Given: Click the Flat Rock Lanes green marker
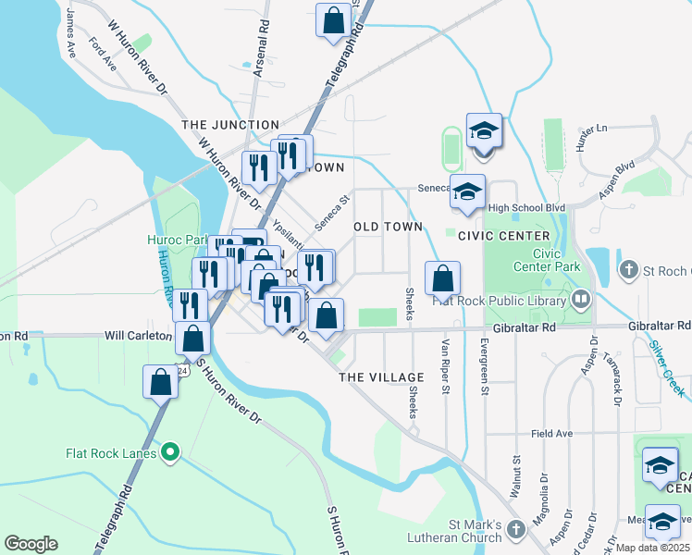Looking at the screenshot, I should pyautogui.click(x=169, y=452).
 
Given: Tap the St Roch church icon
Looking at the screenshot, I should pyautogui.click(x=628, y=270).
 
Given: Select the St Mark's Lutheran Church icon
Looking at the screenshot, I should pyautogui.click(x=515, y=530).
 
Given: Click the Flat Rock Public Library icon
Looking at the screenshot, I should pyautogui.click(x=581, y=299).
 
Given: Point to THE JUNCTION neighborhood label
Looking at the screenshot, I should pyautogui.click(x=230, y=125).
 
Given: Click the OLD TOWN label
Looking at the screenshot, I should pyautogui.click(x=389, y=227).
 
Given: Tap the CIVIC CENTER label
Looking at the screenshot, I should pyautogui.click(x=504, y=236).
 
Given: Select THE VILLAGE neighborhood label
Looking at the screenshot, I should pyautogui.click(x=381, y=377).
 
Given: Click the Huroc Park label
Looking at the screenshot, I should pyautogui.click(x=178, y=240).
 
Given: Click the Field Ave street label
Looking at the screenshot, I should pyautogui.click(x=552, y=433).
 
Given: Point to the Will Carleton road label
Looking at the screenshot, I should pyautogui.click(x=139, y=335).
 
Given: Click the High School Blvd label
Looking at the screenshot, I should pyautogui.click(x=526, y=208).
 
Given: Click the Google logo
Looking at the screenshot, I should pyautogui.click(x=31, y=544).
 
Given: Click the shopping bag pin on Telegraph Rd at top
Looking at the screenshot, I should pyautogui.click(x=334, y=20).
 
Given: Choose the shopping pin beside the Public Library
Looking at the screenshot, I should pyautogui.click(x=442, y=277).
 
